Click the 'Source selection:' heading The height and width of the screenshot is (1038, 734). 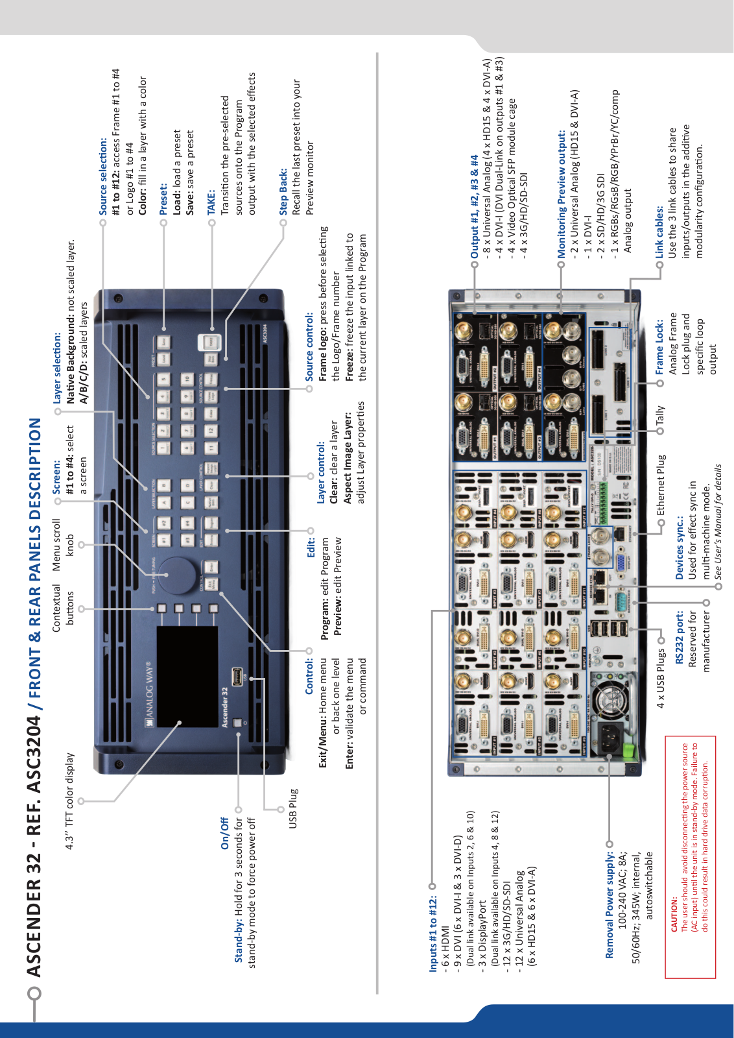pyautogui.click(x=103, y=176)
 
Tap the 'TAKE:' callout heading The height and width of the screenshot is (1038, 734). pyautogui.click(x=211, y=202)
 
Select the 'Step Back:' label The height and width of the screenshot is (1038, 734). pyautogui.click(x=283, y=192)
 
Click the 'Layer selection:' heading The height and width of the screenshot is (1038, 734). pyautogui.click(x=57, y=368)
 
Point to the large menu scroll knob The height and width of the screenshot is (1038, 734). pyautogui.click(x=177, y=575)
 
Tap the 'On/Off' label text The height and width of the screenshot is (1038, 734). pyautogui.click(x=224, y=833)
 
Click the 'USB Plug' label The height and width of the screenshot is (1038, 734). pyautogui.click(x=293, y=808)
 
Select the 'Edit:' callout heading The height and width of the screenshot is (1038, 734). pyautogui.click(x=311, y=547)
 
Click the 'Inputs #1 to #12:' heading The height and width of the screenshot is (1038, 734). pyautogui.click(x=432, y=934)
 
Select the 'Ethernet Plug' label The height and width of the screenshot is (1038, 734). pyautogui.click(x=661, y=485)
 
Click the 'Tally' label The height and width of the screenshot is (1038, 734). pyautogui.click(x=660, y=415)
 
